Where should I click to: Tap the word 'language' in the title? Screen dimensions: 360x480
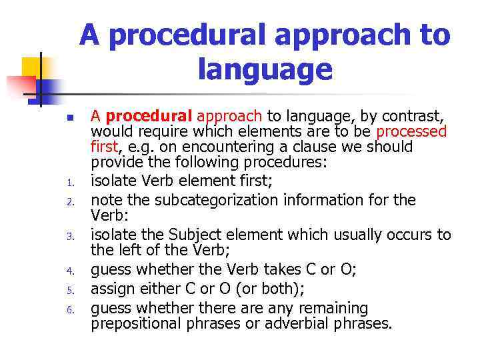point(265,69)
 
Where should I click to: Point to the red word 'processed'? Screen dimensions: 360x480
point(411,131)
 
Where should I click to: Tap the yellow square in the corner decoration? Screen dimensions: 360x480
point(33,68)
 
